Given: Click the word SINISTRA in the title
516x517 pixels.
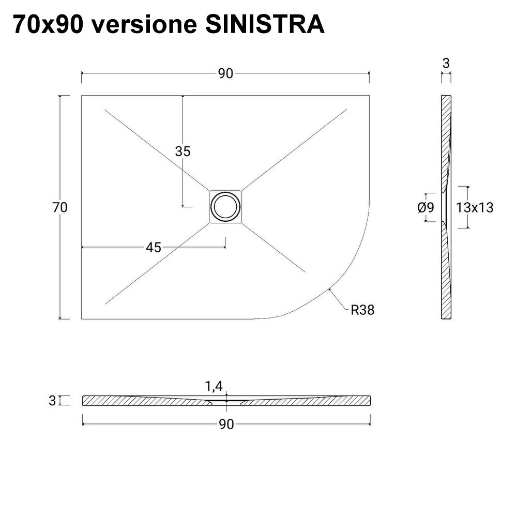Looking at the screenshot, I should tap(265, 24).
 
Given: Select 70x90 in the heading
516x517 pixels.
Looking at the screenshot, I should tap(47, 24).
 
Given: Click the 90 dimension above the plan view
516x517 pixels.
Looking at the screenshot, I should tap(225, 74).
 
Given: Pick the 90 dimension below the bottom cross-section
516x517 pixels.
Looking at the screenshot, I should tap(226, 424).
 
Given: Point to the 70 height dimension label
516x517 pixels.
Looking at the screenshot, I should tap(60, 207).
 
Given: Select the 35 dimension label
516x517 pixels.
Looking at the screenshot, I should tap(183, 151).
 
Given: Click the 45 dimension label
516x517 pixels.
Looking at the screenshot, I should tap(153, 248).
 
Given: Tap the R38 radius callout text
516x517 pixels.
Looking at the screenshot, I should tap(362, 310).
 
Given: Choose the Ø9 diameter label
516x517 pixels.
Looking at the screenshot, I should tap(425, 208).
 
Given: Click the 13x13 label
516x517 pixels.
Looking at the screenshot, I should tap(475, 208).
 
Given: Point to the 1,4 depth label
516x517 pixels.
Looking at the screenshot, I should tap(214, 386).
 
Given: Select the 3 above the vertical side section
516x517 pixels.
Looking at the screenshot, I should tap(446, 63).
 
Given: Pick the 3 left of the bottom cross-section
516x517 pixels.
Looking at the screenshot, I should tap(52, 401).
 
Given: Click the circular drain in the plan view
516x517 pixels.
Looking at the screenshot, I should tap(225, 207).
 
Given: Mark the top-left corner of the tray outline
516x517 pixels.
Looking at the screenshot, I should tap(82, 96).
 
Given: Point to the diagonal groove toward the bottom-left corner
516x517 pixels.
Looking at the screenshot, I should tap(155, 265).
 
